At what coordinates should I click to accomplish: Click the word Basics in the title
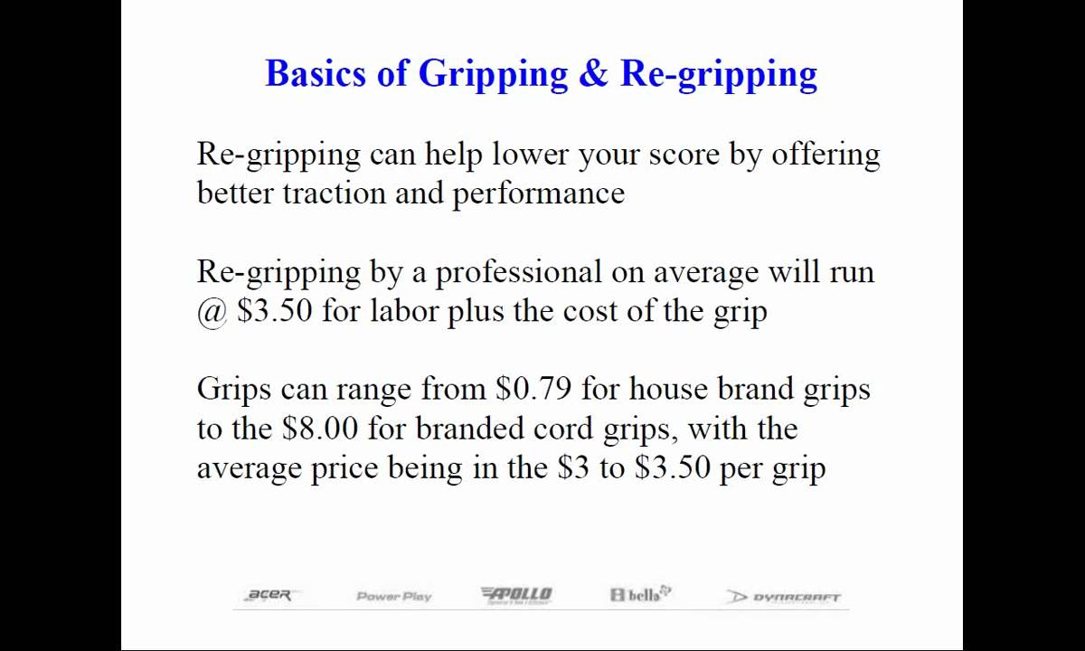[x=316, y=73]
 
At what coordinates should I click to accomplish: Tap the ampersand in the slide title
[x=593, y=73]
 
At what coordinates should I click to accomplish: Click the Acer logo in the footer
[x=269, y=595]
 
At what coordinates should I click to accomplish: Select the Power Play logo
[x=394, y=596]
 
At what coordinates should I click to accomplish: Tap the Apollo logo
[x=516, y=594]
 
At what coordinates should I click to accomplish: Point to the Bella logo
[x=640, y=594]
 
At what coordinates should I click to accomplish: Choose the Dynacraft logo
[x=784, y=597]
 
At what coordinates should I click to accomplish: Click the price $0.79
[x=533, y=389]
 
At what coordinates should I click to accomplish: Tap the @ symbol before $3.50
[x=212, y=311]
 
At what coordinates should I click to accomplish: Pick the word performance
[x=538, y=193]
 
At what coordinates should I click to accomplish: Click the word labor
[x=404, y=311]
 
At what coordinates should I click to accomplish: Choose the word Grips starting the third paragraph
[x=233, y=389]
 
